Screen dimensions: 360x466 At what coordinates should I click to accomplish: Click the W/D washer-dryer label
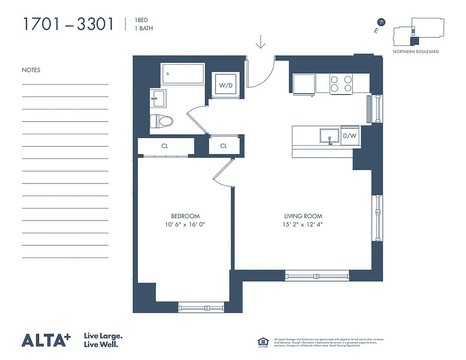point(225,85)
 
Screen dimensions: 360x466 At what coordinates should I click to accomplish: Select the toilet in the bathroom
point(161,121)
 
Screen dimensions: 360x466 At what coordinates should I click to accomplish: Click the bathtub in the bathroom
point(183,73)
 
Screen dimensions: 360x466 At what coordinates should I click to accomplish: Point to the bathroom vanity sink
point(158,99)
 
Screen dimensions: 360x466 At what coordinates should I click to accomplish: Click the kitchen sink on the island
point(330,136)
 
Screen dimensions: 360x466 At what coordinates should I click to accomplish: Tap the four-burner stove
point(341,83)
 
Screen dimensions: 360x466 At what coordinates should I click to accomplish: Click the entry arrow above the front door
point(261,43)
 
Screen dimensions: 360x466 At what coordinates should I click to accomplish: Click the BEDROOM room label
point(185,216)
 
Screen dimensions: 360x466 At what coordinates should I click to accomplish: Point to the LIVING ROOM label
point(303,216)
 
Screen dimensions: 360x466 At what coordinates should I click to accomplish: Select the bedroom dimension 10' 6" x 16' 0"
point(185,224)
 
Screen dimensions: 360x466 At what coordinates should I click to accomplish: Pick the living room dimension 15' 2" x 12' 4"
point(303,224)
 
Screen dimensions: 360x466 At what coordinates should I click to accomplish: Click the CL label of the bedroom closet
point(165,146)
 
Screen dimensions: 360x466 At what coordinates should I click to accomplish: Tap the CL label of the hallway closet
point(224,146)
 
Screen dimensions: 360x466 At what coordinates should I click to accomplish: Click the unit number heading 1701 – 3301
point(68,24)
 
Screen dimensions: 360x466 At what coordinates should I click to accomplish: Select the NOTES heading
point(31,70)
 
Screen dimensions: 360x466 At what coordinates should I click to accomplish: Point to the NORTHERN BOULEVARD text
point(416,52)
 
